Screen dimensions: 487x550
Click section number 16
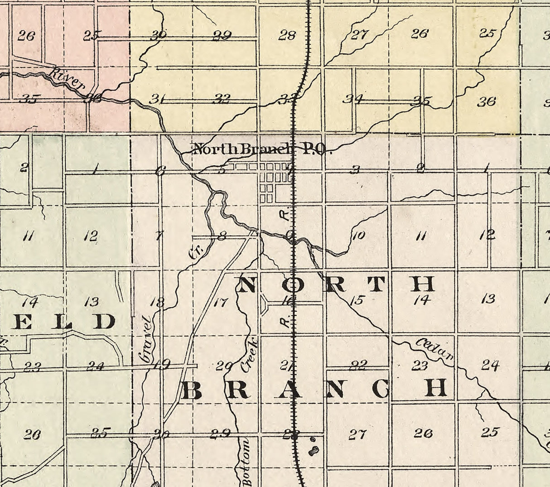287,299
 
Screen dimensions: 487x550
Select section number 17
220,302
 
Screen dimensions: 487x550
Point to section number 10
358,235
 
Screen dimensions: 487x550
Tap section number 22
358,365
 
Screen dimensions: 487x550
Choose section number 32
221,98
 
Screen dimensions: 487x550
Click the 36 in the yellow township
486,101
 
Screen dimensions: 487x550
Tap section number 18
157,303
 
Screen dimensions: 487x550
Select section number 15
357,299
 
